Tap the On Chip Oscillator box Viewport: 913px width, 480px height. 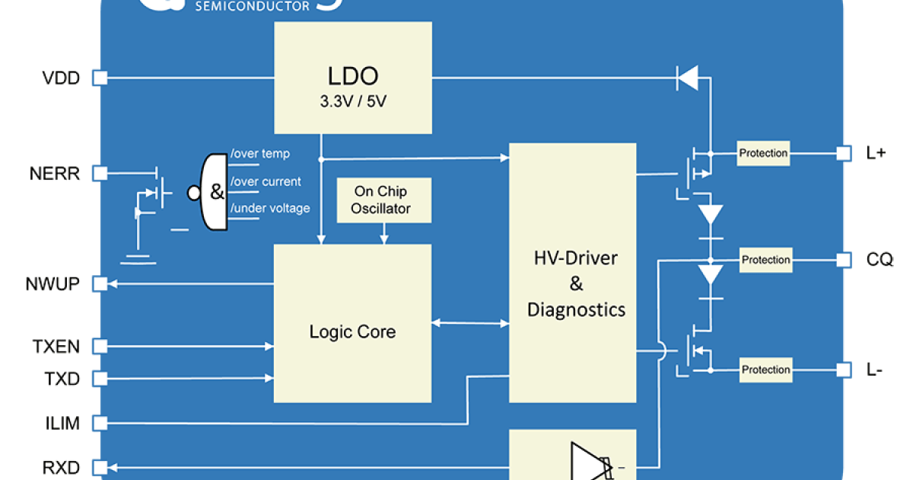(x=382, y=201)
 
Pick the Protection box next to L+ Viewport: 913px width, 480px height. (x=763, y=153)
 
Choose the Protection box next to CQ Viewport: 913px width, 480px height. (x=765, y=260)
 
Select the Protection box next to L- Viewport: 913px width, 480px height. (x=765, y=370)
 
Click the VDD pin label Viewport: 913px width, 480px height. (x=61, y=78)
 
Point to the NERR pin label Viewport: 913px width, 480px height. (x=55, y=174)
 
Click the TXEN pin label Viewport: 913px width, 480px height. (x=56, y=347)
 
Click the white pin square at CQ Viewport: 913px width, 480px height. (x=843, y=260)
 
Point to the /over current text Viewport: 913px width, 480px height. (x=266, y=182)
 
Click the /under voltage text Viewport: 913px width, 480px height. (x=270, y=209)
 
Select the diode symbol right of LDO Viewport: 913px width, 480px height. (x=688, y=78)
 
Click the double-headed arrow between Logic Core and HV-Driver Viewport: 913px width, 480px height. (x=469, y=324)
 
